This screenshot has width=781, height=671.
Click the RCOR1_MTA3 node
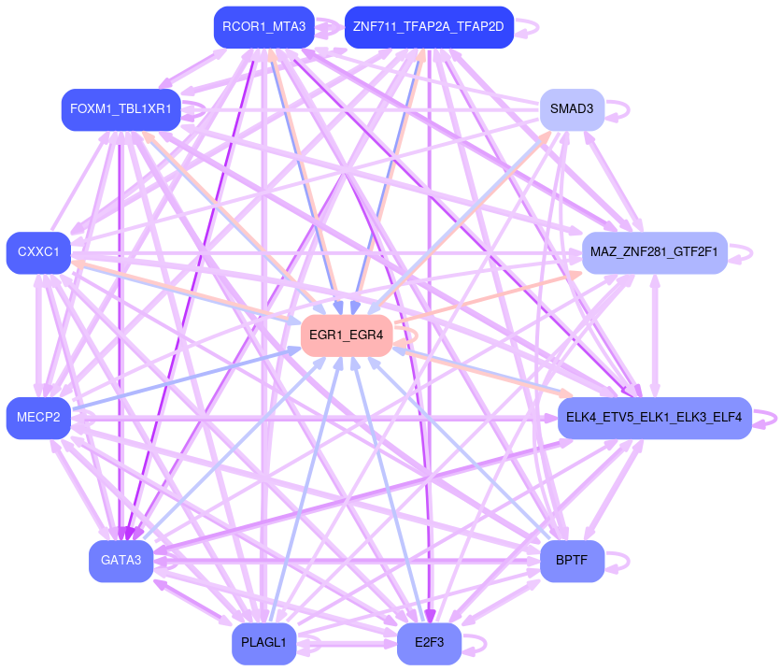(x=263, y=27)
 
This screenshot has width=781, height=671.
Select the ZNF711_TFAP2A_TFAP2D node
(x=428, y=27)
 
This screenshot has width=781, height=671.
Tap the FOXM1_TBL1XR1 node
(x=121, y=109)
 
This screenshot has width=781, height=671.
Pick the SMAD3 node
(x=572, y=109)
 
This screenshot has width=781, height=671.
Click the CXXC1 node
(x=38, y=252)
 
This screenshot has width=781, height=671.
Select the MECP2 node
(x=38, y=418)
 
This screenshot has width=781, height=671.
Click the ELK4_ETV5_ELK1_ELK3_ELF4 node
(x=654, y=418)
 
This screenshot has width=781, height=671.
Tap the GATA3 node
(x=121, y=561)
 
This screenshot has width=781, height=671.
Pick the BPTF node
(x=572, y=561)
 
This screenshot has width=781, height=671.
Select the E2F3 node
(x=429, y=643)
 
